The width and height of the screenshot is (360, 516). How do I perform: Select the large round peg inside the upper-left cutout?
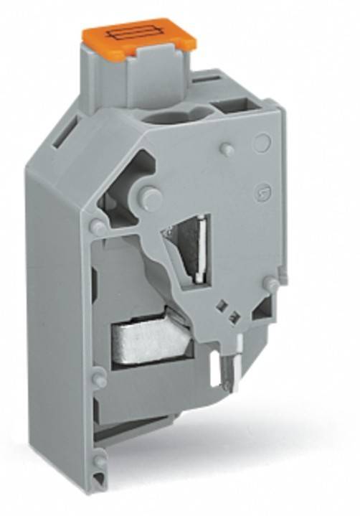[x=151, y=197]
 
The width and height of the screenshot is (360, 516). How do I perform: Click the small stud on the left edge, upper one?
[x=96, y=227]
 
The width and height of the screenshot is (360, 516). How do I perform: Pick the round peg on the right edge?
[x=270, y=285]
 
